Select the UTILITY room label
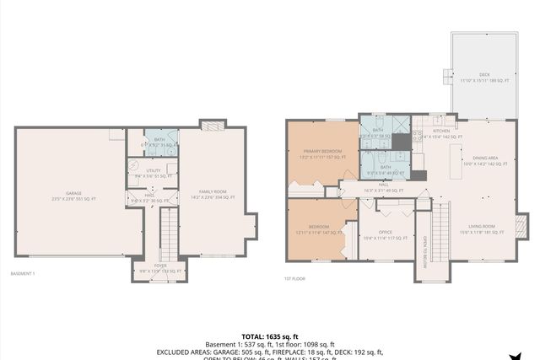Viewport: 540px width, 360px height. [x=153, y=171]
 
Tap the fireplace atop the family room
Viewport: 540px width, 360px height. [x=213, y=124]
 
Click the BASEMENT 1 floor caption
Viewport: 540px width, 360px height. [x=22, y=274]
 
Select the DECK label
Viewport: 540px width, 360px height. [x=484, y=75]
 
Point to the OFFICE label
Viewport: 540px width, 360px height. [x=386, y=234]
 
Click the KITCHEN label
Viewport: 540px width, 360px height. [x=441, y=132]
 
